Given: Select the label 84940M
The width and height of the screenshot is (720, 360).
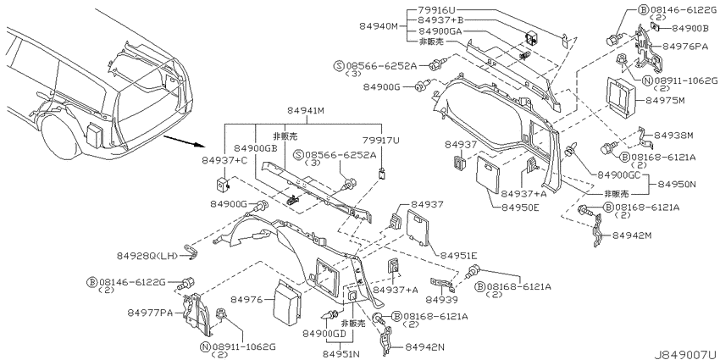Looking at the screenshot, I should (x=388, y=25).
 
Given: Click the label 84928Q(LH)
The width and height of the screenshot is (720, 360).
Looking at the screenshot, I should (x=146, y=255).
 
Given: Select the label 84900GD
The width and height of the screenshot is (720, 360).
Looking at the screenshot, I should (x=325, y=334).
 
